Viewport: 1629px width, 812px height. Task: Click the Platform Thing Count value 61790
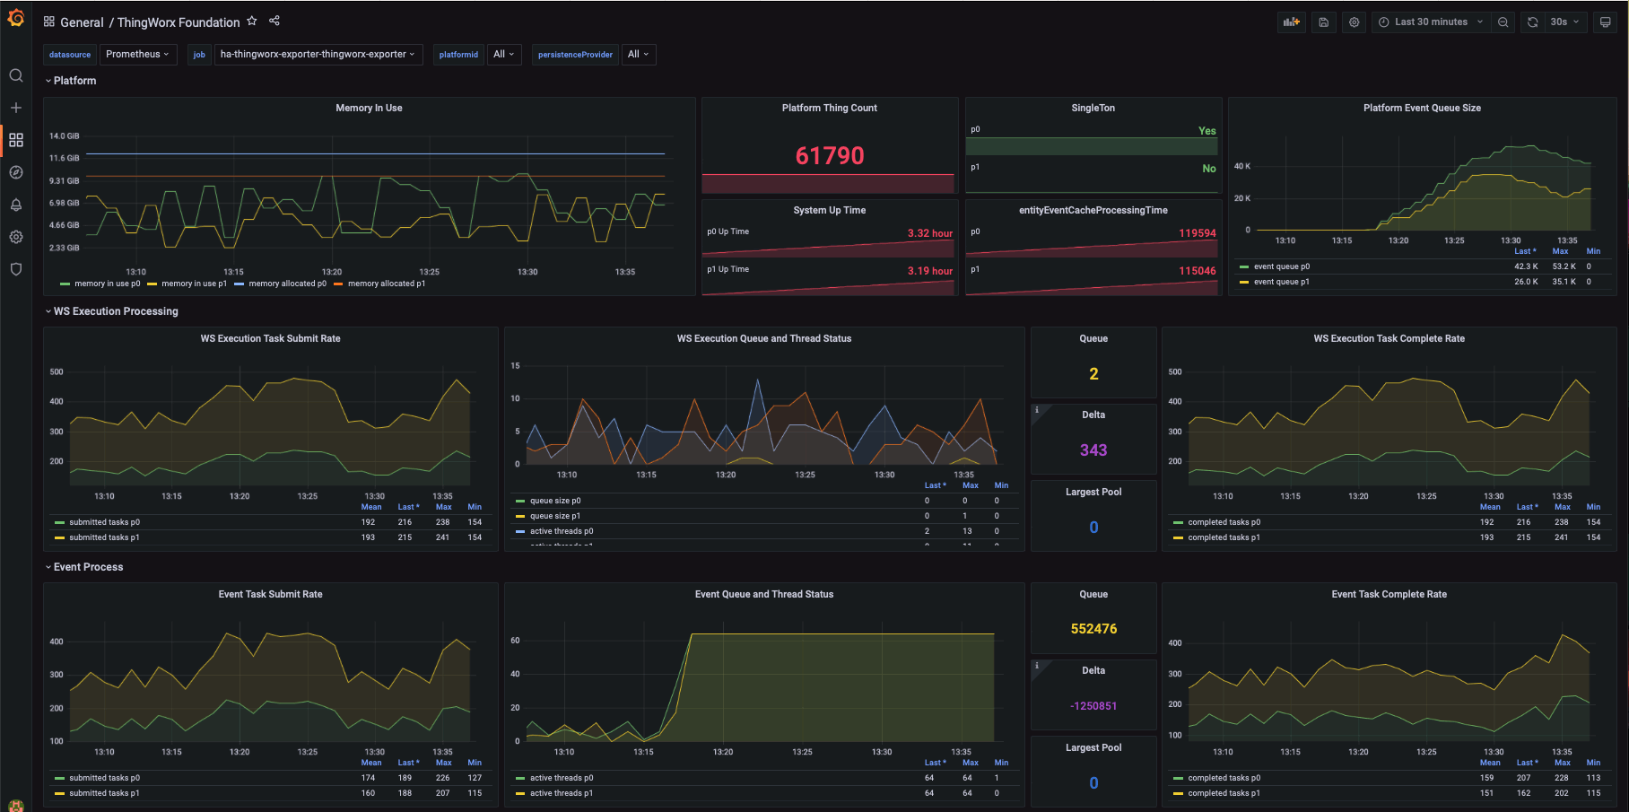point(830,156)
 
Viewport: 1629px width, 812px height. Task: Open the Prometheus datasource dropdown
point(137,55)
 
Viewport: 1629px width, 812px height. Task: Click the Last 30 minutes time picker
point(1431,22)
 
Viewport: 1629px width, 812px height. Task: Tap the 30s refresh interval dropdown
point(1564,22)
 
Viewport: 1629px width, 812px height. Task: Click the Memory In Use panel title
point(369,109)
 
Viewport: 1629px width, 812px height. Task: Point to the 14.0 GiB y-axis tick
point(65,136)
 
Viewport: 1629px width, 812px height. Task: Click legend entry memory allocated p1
point(386,284)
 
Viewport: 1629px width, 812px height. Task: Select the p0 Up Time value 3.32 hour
point(929,233)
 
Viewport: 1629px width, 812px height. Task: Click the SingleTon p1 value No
point(1208,169)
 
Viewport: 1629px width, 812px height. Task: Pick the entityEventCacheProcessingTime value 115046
point(1197,271)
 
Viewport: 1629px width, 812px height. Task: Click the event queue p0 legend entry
point(1281,266)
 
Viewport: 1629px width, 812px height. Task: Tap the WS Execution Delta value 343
point(1093,450)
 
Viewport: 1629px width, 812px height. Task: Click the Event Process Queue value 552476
point(1093,629)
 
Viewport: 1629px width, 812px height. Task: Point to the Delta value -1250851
point(1093,706)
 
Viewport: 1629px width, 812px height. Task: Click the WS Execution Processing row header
point(116,311)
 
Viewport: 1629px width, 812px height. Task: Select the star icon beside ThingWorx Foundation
point(252,22)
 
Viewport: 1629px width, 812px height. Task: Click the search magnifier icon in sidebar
point(16,75)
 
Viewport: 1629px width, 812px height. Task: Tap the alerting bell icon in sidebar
point(16,205)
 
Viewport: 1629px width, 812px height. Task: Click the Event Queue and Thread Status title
point(763,594)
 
